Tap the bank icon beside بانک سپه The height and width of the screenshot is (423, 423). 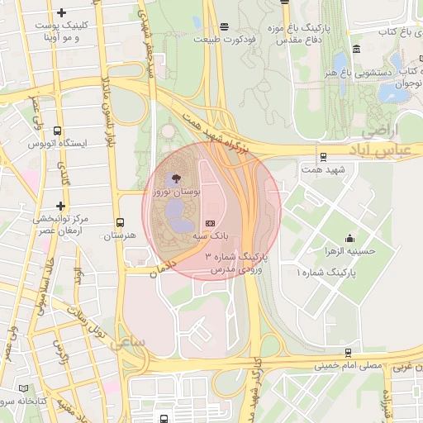pos(210,223)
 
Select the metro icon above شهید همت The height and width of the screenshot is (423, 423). pos(322,155)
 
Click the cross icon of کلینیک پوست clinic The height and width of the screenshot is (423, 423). pos(61,12)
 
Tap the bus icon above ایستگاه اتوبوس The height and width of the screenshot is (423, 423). pos(57,131)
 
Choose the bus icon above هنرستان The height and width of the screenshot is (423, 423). pos(121,222)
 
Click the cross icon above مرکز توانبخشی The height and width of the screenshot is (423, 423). pos(60,206)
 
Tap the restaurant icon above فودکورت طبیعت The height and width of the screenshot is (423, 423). pos(225,26)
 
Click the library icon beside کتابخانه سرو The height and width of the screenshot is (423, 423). pos(22,387)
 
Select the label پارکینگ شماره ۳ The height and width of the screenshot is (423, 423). pos(231,259)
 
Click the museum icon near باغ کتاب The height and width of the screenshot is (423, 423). pos(355,48)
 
